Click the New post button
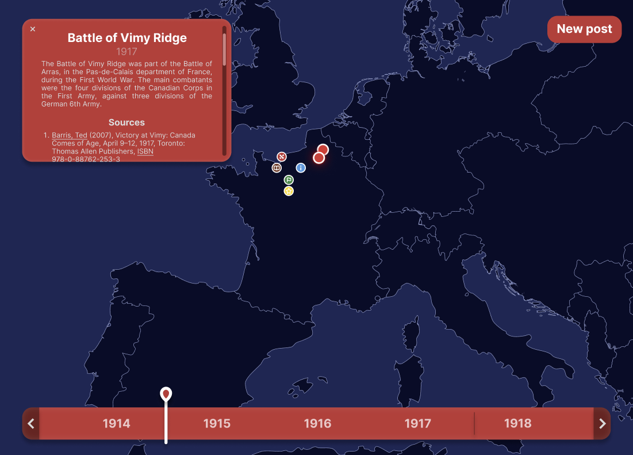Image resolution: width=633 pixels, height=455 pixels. (x=584, y=29)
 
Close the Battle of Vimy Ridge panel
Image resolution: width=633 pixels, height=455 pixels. (x=33, y=29)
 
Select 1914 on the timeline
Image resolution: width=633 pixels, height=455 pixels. (x=116, y=424)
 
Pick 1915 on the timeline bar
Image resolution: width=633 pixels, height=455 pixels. (x=217, y=424)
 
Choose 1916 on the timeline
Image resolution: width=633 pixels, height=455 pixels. (x=317, y=424)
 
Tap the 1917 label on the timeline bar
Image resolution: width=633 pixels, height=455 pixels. (x=417, y=424)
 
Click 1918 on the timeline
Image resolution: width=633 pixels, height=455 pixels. (x=517, y=424)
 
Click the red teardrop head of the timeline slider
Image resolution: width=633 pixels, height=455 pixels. (x=166, y=394)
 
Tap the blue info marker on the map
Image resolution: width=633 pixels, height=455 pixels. (x=301, y=168)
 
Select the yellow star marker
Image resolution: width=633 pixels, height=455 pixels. (x=289, y=191)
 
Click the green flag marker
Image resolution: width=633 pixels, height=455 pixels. (x=289, y=180)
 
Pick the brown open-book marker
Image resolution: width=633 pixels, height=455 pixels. (x=277, y=168)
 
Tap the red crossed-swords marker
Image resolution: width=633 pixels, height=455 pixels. (x=281, y=156)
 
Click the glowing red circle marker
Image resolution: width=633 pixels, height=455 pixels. (x=319, y=158)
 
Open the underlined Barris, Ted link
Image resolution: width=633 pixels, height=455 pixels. (x=70, y=135)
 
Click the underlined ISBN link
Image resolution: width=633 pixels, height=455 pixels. (x=145, y=151)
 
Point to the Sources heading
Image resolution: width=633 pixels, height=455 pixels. (x=126, y=123)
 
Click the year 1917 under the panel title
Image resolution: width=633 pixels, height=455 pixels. (x=126, y=52)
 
